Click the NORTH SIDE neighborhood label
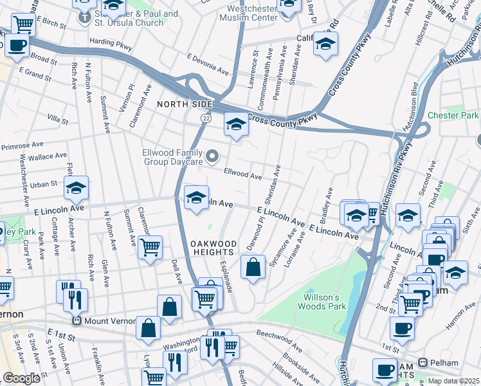coord(185,104)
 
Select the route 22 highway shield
coord(205,118)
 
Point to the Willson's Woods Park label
coord(327,302)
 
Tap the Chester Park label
coord(453,115)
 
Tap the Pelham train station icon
coord(423,362)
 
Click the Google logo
coord(21,378)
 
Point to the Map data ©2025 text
coord(453,381)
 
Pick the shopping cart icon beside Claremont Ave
coord(150,246)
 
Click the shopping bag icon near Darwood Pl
coord(253,266)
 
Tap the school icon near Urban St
coord(77,187)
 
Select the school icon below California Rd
coord(325,44)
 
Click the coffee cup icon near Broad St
coord(17,46)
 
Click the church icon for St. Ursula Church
coord(84,15)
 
